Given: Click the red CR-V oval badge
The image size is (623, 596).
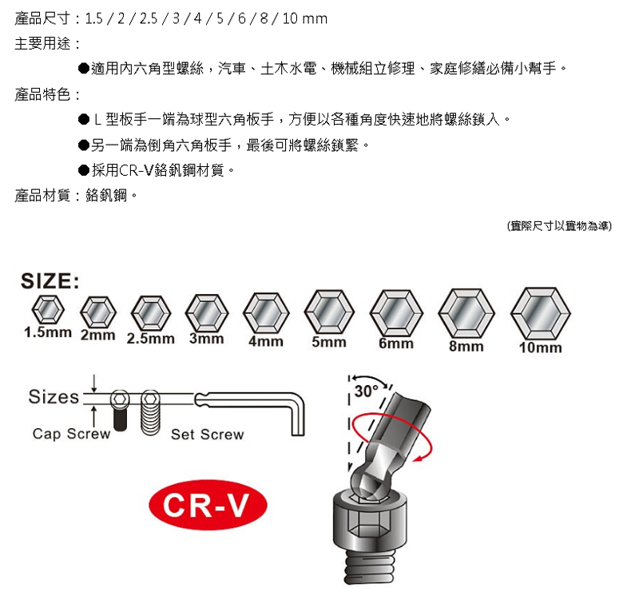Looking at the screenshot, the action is coord(208,505).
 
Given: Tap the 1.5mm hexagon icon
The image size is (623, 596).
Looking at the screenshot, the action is coord(48,310).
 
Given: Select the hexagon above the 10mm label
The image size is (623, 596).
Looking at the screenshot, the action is coord(541,313).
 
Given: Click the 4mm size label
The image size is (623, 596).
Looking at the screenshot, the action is coord(266,341).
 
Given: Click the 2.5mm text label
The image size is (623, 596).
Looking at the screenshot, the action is coord(151,339).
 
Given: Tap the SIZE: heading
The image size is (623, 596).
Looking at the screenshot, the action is coord(50,281).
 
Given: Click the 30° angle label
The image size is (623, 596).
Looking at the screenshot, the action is coord(367,391).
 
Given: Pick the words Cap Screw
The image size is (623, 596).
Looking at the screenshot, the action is coord(72,434).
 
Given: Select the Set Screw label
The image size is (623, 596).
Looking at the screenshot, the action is coord(208,435).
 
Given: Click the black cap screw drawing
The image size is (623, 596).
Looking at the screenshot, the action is coord(121,411).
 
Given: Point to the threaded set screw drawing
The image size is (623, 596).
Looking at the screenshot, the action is coord(151,412).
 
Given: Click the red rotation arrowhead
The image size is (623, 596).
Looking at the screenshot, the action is coord(417,459).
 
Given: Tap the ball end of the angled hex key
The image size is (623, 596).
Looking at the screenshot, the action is coord(367,481).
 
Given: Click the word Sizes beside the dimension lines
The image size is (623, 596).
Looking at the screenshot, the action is coord(54,396).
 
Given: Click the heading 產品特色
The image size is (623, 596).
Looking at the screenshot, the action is coord(42,94).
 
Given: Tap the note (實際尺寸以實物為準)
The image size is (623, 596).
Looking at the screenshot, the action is coord(559,226).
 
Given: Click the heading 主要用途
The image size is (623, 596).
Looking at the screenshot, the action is coord(42,44).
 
